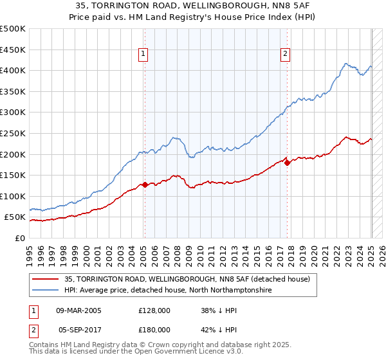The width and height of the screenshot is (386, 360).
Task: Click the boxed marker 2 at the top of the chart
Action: click(285, 54)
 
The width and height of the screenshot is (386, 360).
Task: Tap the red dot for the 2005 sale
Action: click(145, 184)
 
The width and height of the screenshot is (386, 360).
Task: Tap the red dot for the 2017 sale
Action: click(287, 163)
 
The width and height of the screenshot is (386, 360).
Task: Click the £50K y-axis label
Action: click(15, 217)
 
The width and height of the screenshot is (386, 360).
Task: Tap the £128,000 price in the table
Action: click(154, 310)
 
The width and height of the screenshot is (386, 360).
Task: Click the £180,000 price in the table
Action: click(154, 329)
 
